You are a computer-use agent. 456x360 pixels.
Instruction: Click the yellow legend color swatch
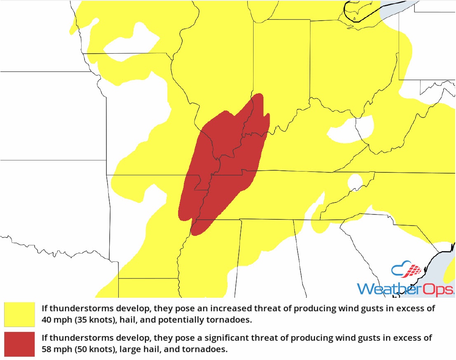(x=19, y=314)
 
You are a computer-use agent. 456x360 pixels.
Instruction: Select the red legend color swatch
(x=19, y=344)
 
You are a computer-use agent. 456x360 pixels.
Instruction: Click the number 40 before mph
(x=47, y=319)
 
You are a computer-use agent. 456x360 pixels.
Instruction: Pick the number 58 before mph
(x=47, y=349)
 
